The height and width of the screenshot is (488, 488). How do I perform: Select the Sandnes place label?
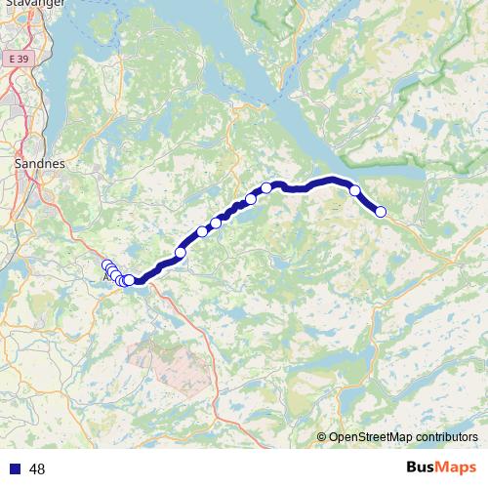pyautogui.click(x=40, y=164)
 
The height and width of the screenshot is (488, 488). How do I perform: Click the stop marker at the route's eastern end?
pyautogui.click(x=381, y=212)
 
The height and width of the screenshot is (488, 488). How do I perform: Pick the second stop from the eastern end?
pyautogui.click(x=355, y=191)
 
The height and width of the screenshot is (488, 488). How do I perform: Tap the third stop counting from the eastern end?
pyautogui.click(x=265, y=188)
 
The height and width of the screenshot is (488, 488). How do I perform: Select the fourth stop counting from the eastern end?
pyautogui.click(x=251, y=199)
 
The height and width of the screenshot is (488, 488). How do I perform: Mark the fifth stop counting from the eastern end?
pyautogui.click(x=217, y=222)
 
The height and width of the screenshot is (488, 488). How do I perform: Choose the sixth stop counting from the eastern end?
pyautogui.click(x=202, y=231)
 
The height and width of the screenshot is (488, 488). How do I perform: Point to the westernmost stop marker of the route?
pyautogui.click(x=106, y=265)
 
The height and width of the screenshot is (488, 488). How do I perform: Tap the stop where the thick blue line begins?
pyautogui.click(x=129, y=280)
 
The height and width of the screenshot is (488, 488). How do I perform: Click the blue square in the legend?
pyautogui.click(x=14, y=469)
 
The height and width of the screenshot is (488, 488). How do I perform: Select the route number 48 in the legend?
pyautogui.click(x=37, y=469)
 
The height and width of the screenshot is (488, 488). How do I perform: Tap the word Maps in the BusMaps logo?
pyautogui.click(x=456, y=468)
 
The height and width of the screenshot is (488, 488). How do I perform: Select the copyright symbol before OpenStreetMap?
pyautogui.click(x=323, y=437)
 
